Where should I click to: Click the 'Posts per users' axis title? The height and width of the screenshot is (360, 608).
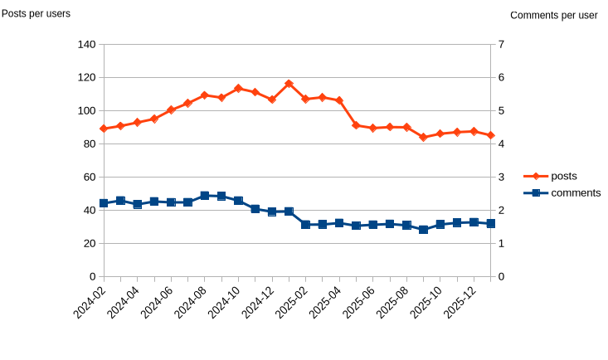point(36,13)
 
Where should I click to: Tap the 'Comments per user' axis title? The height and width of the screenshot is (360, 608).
point(553,15)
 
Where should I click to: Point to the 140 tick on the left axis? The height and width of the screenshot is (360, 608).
point(86,44)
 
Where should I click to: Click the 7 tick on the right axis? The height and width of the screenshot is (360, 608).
point(500,44)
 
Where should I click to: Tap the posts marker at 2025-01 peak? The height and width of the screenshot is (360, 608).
point(289,84)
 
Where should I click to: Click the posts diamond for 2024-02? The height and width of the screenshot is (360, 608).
point(104,129)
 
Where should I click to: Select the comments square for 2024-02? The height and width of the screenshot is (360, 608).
point(104,203)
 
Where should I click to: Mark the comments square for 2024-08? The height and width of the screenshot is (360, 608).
point(205,196)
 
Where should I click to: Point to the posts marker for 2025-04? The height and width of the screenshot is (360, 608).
point(339,100)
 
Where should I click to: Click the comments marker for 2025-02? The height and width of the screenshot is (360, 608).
point(305,225)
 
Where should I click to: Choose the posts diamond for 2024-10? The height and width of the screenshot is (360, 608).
point(238,88)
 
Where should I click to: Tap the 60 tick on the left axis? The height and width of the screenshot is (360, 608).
point(90,177)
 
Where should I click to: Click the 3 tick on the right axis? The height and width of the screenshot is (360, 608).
point(500,177)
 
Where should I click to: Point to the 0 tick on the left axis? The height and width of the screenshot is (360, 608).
point(93,276)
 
